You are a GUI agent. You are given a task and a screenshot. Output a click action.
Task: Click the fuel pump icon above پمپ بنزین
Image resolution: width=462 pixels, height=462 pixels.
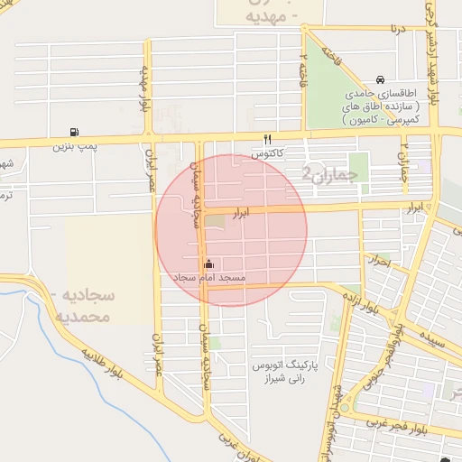tap(73, 132)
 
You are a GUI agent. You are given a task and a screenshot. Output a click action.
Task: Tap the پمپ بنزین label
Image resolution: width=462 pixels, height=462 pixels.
tap(74, 145)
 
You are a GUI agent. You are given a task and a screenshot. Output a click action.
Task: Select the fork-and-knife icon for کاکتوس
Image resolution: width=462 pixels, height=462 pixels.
tap(266, 140)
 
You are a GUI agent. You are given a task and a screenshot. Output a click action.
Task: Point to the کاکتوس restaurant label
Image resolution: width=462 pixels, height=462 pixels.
tap(267, 154)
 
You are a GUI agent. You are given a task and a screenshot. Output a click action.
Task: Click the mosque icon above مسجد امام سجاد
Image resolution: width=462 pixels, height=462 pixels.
tap(209, 263)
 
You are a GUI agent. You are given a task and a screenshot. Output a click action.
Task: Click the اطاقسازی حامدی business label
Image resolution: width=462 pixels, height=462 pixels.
tap(383, 93)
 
